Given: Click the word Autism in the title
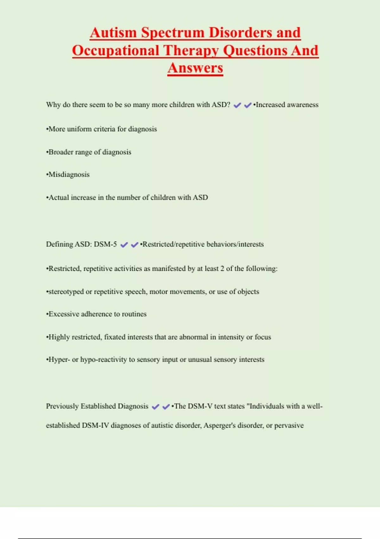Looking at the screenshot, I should coord(113,33).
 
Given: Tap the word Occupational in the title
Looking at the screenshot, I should coord(116,51).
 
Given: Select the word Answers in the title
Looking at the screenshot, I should coord(195,68).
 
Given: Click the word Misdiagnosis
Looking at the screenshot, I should coord(69,175).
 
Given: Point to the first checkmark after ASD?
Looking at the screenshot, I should coord(237,105).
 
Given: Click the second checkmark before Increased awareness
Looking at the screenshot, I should coord(248,105).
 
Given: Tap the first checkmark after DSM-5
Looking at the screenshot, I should coord(124,245).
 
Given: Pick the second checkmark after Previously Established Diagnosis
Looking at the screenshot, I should coord(166,407).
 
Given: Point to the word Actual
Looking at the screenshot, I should coord(58,198).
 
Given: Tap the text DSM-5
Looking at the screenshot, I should coord(105,244).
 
